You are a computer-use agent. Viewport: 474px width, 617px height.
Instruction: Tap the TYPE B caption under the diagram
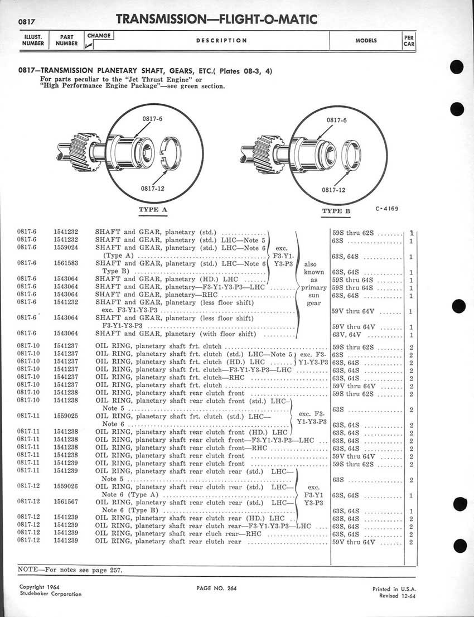tap(336, 211)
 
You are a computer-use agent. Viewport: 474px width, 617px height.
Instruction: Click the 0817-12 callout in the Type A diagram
tap(152, 188)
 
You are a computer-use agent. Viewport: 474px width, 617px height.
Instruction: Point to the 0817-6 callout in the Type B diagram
tap(337, 120)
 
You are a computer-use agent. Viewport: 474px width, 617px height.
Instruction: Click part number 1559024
tap(66, 247)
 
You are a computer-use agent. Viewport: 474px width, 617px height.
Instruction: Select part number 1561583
tap(66, 263)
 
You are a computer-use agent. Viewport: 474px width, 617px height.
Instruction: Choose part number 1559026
tap(66, 486)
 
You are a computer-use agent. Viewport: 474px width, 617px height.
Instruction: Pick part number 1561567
tap(66, 502)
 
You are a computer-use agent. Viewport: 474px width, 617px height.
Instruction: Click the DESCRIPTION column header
tap(221, 41)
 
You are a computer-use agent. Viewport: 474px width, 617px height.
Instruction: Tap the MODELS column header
tap(366, 41)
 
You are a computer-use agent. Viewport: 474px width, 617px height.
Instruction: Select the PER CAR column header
tap(409, 41)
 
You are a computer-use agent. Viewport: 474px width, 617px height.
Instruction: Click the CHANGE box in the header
tap(99, 36)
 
